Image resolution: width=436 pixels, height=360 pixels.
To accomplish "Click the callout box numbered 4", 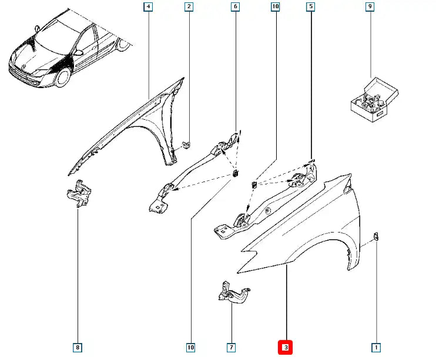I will click(x=149, y=7).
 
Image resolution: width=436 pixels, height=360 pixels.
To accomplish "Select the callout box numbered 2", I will click(x=189, y=7).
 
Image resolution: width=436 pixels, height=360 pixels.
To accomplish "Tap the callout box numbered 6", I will click(x=235, y=7).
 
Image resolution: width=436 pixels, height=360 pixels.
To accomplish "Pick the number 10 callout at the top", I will click(x=274, y=7).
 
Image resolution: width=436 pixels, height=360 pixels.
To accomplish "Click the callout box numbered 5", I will click(x=310, y=7).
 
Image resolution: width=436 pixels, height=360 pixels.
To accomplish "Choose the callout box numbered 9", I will click(x=370, y=7).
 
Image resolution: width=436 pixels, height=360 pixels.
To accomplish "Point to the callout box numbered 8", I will click(x=78, y=348).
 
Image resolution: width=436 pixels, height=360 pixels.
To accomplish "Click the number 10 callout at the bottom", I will click(x=191, y=348).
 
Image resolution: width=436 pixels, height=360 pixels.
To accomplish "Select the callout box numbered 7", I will click(x=232, y=348).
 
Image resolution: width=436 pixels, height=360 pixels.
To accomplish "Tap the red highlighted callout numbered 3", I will click(x=286, y=348).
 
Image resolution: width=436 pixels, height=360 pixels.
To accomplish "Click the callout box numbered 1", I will click(x=375, y=348).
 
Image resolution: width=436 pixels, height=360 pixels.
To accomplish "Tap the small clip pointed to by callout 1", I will click(x=376, y=237).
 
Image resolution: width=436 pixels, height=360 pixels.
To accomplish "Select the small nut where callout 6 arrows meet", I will click(x=236, y=174).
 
